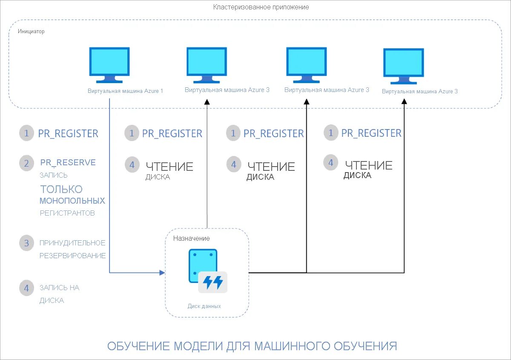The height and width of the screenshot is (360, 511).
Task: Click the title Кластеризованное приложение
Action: (261, 7)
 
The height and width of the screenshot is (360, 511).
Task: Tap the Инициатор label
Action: (31, 32)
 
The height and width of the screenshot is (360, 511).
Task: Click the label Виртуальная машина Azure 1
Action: (125, 91)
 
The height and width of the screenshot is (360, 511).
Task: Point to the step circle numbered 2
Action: (26, 163)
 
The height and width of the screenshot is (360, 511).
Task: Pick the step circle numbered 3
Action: (26, 243)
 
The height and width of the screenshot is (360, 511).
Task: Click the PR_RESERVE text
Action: (68, 162)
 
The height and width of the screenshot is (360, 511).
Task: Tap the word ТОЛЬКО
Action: (61, 189)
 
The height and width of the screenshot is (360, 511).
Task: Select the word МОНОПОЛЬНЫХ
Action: (72, 201)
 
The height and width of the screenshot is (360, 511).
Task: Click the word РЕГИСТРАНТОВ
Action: (67, 213)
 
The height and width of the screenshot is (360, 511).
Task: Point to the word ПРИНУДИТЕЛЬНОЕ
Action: (72, 243)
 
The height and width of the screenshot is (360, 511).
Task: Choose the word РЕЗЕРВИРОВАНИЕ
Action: (72, 256)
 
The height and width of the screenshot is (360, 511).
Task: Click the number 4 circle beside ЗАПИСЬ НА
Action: (26, 288)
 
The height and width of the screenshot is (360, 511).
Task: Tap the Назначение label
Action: (191, 238)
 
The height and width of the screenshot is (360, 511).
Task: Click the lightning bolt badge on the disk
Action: (213, 282)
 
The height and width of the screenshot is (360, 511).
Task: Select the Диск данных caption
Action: (204, 306)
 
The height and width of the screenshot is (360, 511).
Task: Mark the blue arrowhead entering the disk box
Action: (162, 272)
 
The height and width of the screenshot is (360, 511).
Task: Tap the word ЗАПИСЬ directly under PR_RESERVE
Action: (54, 175)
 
